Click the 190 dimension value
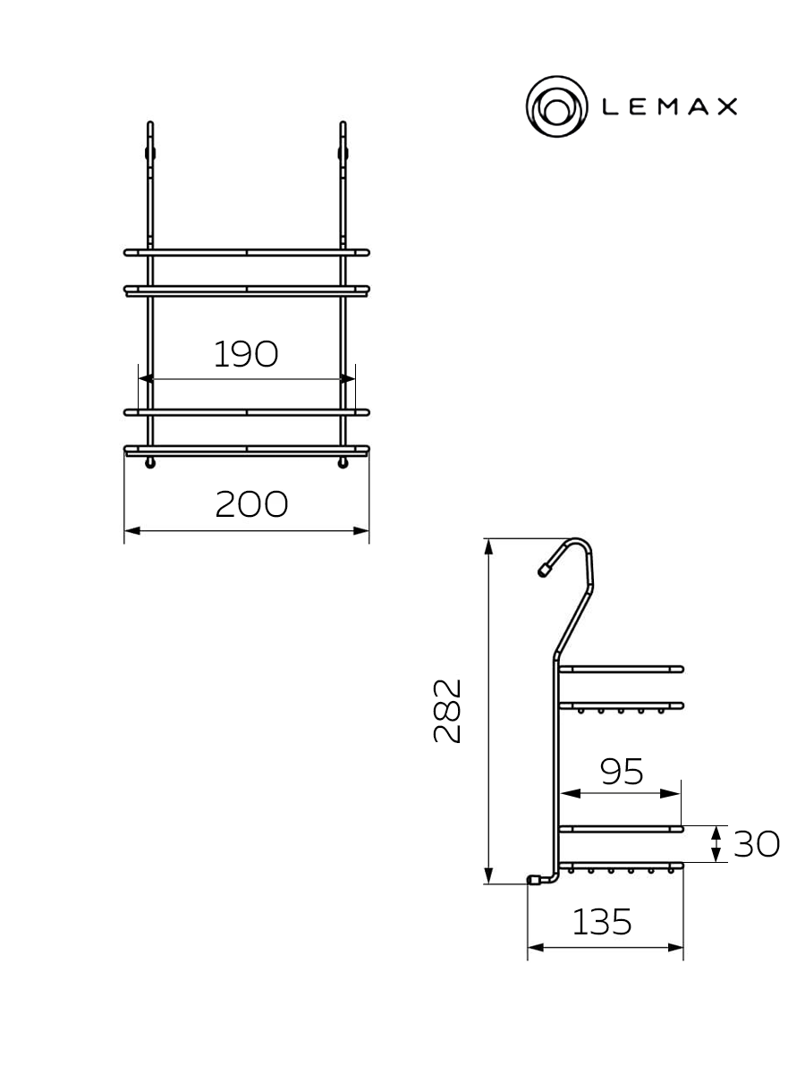pyautogui.click(x=246, y=354)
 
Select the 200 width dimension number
pyautogui.click(x=251, y=504)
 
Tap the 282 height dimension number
pyautogui.click(x=447, y=711)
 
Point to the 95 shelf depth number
pyautogui.click(x=622, y=772)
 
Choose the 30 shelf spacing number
pyautogui.click(x=756, y=844)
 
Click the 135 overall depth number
pyautogui.click(x=602, y=923)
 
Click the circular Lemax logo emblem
pyautogui.click(x=556, y=106)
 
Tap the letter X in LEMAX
pyautogui.click(x=727, y=106)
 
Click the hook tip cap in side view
pyautogui.click(x=543, y=570)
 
